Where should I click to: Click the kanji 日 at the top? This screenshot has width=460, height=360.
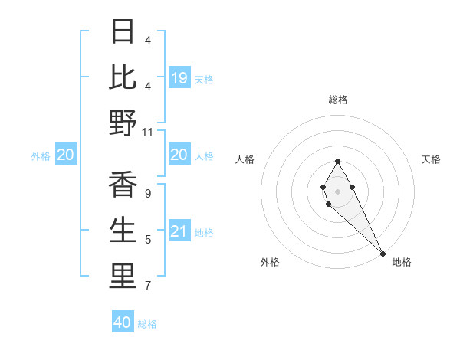pyautogui.click(x=123, y=31)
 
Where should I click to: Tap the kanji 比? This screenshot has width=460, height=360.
pyautogui.click(x=123, y=77)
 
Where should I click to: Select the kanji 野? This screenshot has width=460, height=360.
pyautogui.click(x=123, y=123)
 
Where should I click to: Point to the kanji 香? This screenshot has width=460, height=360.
pyautogui.click(x=123, y=185)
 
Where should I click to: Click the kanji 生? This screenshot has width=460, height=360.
pyautogui.click(x=123, y=231)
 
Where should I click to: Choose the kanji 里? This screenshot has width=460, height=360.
pyautogui.click(x=123, y=277)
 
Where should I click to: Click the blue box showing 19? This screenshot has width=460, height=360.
pyautogui.click(x=179, y=77)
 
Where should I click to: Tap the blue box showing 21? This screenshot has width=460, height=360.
pyautogui.click(x=179, y=231)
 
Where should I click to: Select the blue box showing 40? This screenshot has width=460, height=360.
pyautogui.click(x=123, y=322)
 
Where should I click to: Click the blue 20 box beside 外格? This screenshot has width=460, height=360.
pyautogui.click(x=66, y=155)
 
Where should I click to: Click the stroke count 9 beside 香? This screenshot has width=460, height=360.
pyautogui.click(x=147, y=194)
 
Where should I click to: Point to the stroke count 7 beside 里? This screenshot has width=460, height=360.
pyautogui.click(x=147, y=286)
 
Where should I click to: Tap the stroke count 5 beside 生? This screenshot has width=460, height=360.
pyautogui.click(x=147, y=241)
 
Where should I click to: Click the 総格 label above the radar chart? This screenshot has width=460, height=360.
pyautogui.click(x=338, y=100)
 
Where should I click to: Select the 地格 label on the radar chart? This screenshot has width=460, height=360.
pyautogui.click(x=402, y=262)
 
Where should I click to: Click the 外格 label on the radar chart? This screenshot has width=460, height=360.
pyautogui.click(x=270, y=262)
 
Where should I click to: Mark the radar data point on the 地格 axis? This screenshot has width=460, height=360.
pyautogui.click(x=383, y=254)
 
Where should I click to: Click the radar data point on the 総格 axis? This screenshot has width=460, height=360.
pyautogui.click(x=338, y=162)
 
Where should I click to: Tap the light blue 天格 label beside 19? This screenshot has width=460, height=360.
pyautogui.click(x=204, y=79)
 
